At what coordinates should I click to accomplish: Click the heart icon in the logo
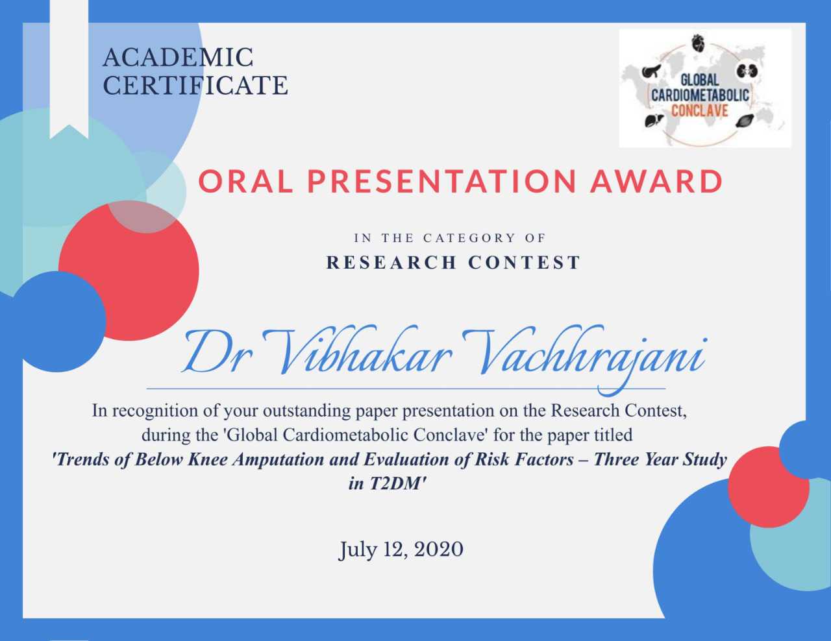coord(699,43)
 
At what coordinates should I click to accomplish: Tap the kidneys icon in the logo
coord(745,71)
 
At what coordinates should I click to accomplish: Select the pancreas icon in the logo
coord(651,71)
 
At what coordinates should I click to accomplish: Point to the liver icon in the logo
coord(651,121)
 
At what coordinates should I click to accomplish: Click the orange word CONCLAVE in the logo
coord(700,111)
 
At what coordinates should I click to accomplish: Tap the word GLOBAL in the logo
coord(699,80)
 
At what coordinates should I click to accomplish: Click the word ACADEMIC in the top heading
coord(178,58)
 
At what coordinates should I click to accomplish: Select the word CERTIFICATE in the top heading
coord(195,85)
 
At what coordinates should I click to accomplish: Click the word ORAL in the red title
coord(245,181)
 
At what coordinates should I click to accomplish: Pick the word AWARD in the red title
coord(656,181)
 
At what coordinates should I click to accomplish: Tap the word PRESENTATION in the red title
coord(441,181)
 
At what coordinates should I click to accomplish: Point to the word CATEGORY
coord(470,238)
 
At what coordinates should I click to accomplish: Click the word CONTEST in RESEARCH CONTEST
coord(524,263)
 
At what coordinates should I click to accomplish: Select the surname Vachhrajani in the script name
coord(583,356)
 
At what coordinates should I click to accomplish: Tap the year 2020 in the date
coord(439,550)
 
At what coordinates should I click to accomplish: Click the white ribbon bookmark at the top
coord(69,69)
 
